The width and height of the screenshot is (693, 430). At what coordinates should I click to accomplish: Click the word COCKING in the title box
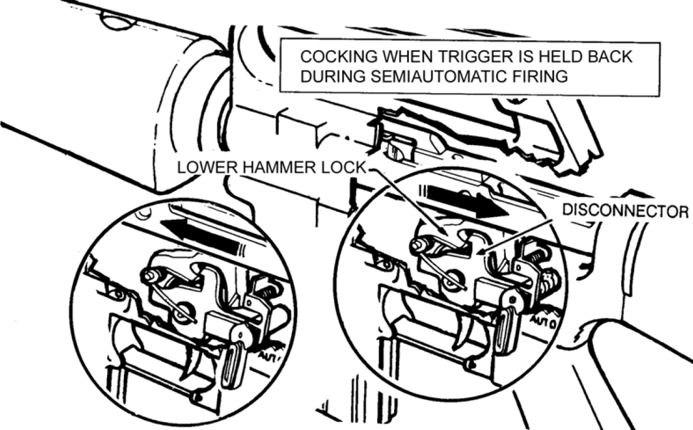point(339,57)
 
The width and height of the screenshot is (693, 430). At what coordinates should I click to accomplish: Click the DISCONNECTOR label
point(625,211)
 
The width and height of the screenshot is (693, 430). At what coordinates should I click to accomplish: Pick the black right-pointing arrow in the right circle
point(465,201)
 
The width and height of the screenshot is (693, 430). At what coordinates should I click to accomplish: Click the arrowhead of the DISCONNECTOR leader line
point(482,252)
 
